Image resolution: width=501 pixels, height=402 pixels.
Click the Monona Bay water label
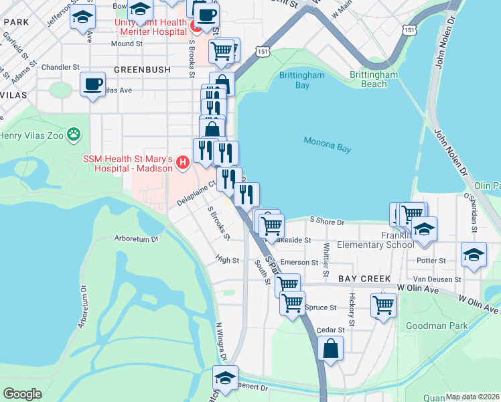(328, 145)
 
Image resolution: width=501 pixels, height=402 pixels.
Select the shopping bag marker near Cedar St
(331, 348)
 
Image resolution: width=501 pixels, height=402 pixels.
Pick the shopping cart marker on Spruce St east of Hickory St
(383, 305)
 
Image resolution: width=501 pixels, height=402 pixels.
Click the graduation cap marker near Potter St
(474, 255)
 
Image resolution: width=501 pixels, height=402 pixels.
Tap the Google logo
(22, 393)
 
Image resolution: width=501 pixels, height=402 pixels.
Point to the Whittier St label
(326, 259)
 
